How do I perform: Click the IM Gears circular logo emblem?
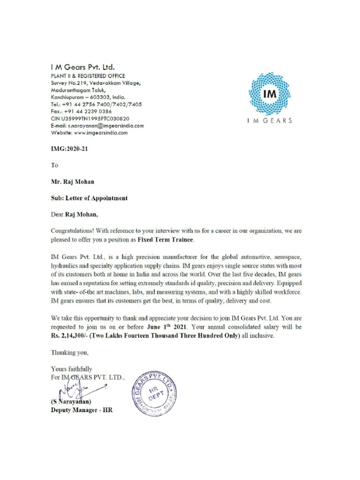tap(270, 94)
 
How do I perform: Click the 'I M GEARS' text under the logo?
tap(270, 120)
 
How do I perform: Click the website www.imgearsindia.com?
tap(100, 133)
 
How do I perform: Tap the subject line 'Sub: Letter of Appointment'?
tap(89, 198)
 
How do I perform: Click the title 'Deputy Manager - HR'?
tap(82, 410)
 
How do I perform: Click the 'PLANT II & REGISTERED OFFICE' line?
tap(88, 76)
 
